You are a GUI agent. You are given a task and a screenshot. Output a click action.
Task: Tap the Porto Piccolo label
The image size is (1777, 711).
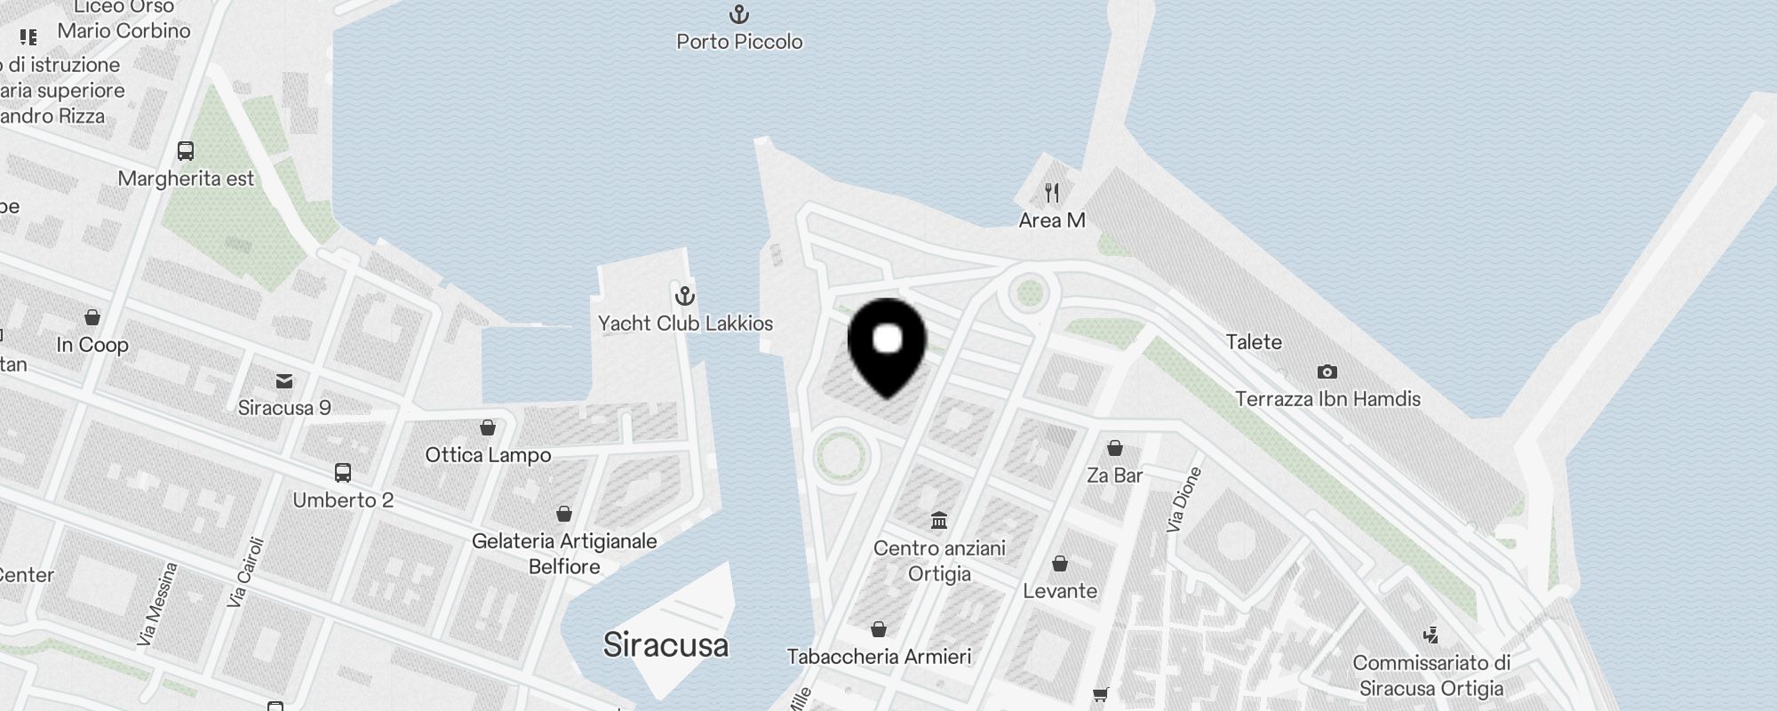(x=739, y=42)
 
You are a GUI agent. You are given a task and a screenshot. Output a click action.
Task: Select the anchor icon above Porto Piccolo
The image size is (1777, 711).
(x=738, y=14)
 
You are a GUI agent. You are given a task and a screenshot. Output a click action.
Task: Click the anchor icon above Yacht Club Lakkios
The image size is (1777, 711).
(x=684, y=296)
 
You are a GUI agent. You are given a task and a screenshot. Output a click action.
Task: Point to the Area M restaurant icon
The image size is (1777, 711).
(x=1052, y=192)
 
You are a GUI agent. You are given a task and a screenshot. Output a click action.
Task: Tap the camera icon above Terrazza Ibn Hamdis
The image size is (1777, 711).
(x=1327, y=371)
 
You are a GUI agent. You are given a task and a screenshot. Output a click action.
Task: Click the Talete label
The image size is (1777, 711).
(x=1254, y=342)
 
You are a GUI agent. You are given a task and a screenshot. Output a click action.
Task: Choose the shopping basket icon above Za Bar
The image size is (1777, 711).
(x=1114, y=448)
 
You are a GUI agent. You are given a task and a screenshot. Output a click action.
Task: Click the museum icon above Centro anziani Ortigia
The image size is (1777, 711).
(x=939, y=520)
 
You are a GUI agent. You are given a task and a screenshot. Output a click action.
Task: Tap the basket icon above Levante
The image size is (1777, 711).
(x=1059, y=563)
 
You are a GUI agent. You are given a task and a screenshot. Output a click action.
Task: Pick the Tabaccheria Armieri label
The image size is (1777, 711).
(x=879, y=657)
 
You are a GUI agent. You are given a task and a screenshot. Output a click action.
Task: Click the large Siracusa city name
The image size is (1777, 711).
(x=665, y=644)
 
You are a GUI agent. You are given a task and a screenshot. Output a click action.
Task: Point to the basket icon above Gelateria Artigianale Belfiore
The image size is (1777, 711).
(x=563, y=514)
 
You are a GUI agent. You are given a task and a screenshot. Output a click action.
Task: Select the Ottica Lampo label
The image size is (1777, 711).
(x=488, y=455)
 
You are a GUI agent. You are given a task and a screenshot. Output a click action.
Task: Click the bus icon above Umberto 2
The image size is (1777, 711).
(x=343, y=473)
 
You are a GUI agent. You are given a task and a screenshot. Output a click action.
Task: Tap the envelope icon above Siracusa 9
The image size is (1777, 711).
(x=284, y=381)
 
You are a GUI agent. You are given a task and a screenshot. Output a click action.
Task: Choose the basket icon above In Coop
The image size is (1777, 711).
(x=92, y=317)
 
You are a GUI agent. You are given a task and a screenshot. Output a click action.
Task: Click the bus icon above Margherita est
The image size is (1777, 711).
(x=186, y=151)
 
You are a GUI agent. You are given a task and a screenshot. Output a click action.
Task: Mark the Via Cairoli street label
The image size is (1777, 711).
(x=246, y=571)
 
